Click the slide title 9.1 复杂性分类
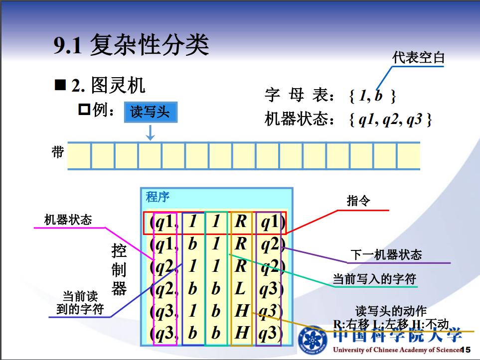click(131, 45)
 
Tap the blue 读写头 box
click(150, 112)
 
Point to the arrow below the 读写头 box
click(150, 132)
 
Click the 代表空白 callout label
click(418, 57)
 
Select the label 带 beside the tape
click(58, 152)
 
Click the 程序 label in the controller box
click(158, 197)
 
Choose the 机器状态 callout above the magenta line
click(68, 220)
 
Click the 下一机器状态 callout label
click(386, 255)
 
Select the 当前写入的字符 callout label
click(374, 279)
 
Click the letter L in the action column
click(241, 288)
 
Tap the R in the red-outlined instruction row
click(241, 222)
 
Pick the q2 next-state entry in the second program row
click(270, 244)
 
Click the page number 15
click(467, 350)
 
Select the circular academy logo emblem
click(314, 340)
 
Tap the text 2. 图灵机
click(108, 86)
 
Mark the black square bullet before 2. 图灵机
click(60, 85)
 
